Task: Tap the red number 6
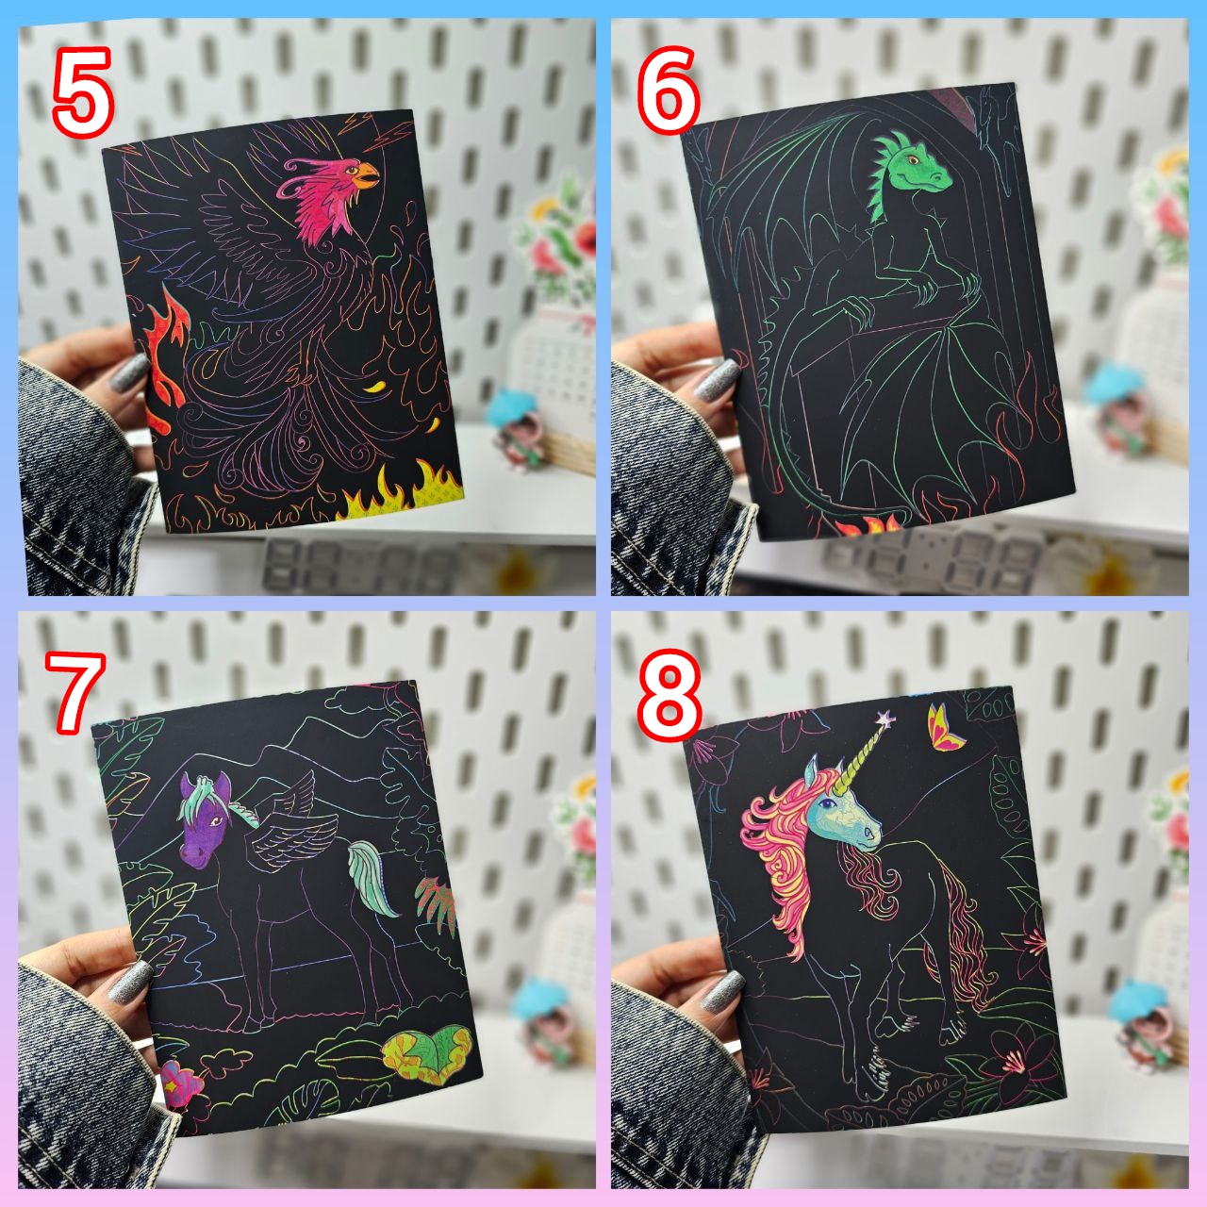click(669, 92)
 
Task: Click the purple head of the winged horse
click(207, 821)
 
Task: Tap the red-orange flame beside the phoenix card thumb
click(166, 357)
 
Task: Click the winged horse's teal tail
click(372, 876)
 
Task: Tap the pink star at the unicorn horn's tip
click(885, 719)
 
